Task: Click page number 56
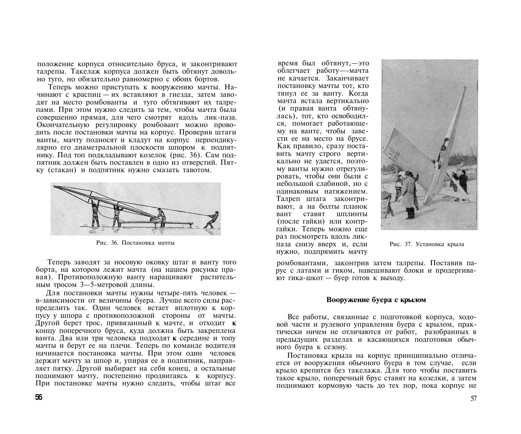pos(39,397)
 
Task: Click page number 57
pos(474,399)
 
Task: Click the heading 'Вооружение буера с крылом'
pos(376,300)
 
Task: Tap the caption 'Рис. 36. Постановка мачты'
pos(135,243)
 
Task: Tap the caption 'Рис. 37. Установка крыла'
pos(427,244)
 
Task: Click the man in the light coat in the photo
pos(409,194)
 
